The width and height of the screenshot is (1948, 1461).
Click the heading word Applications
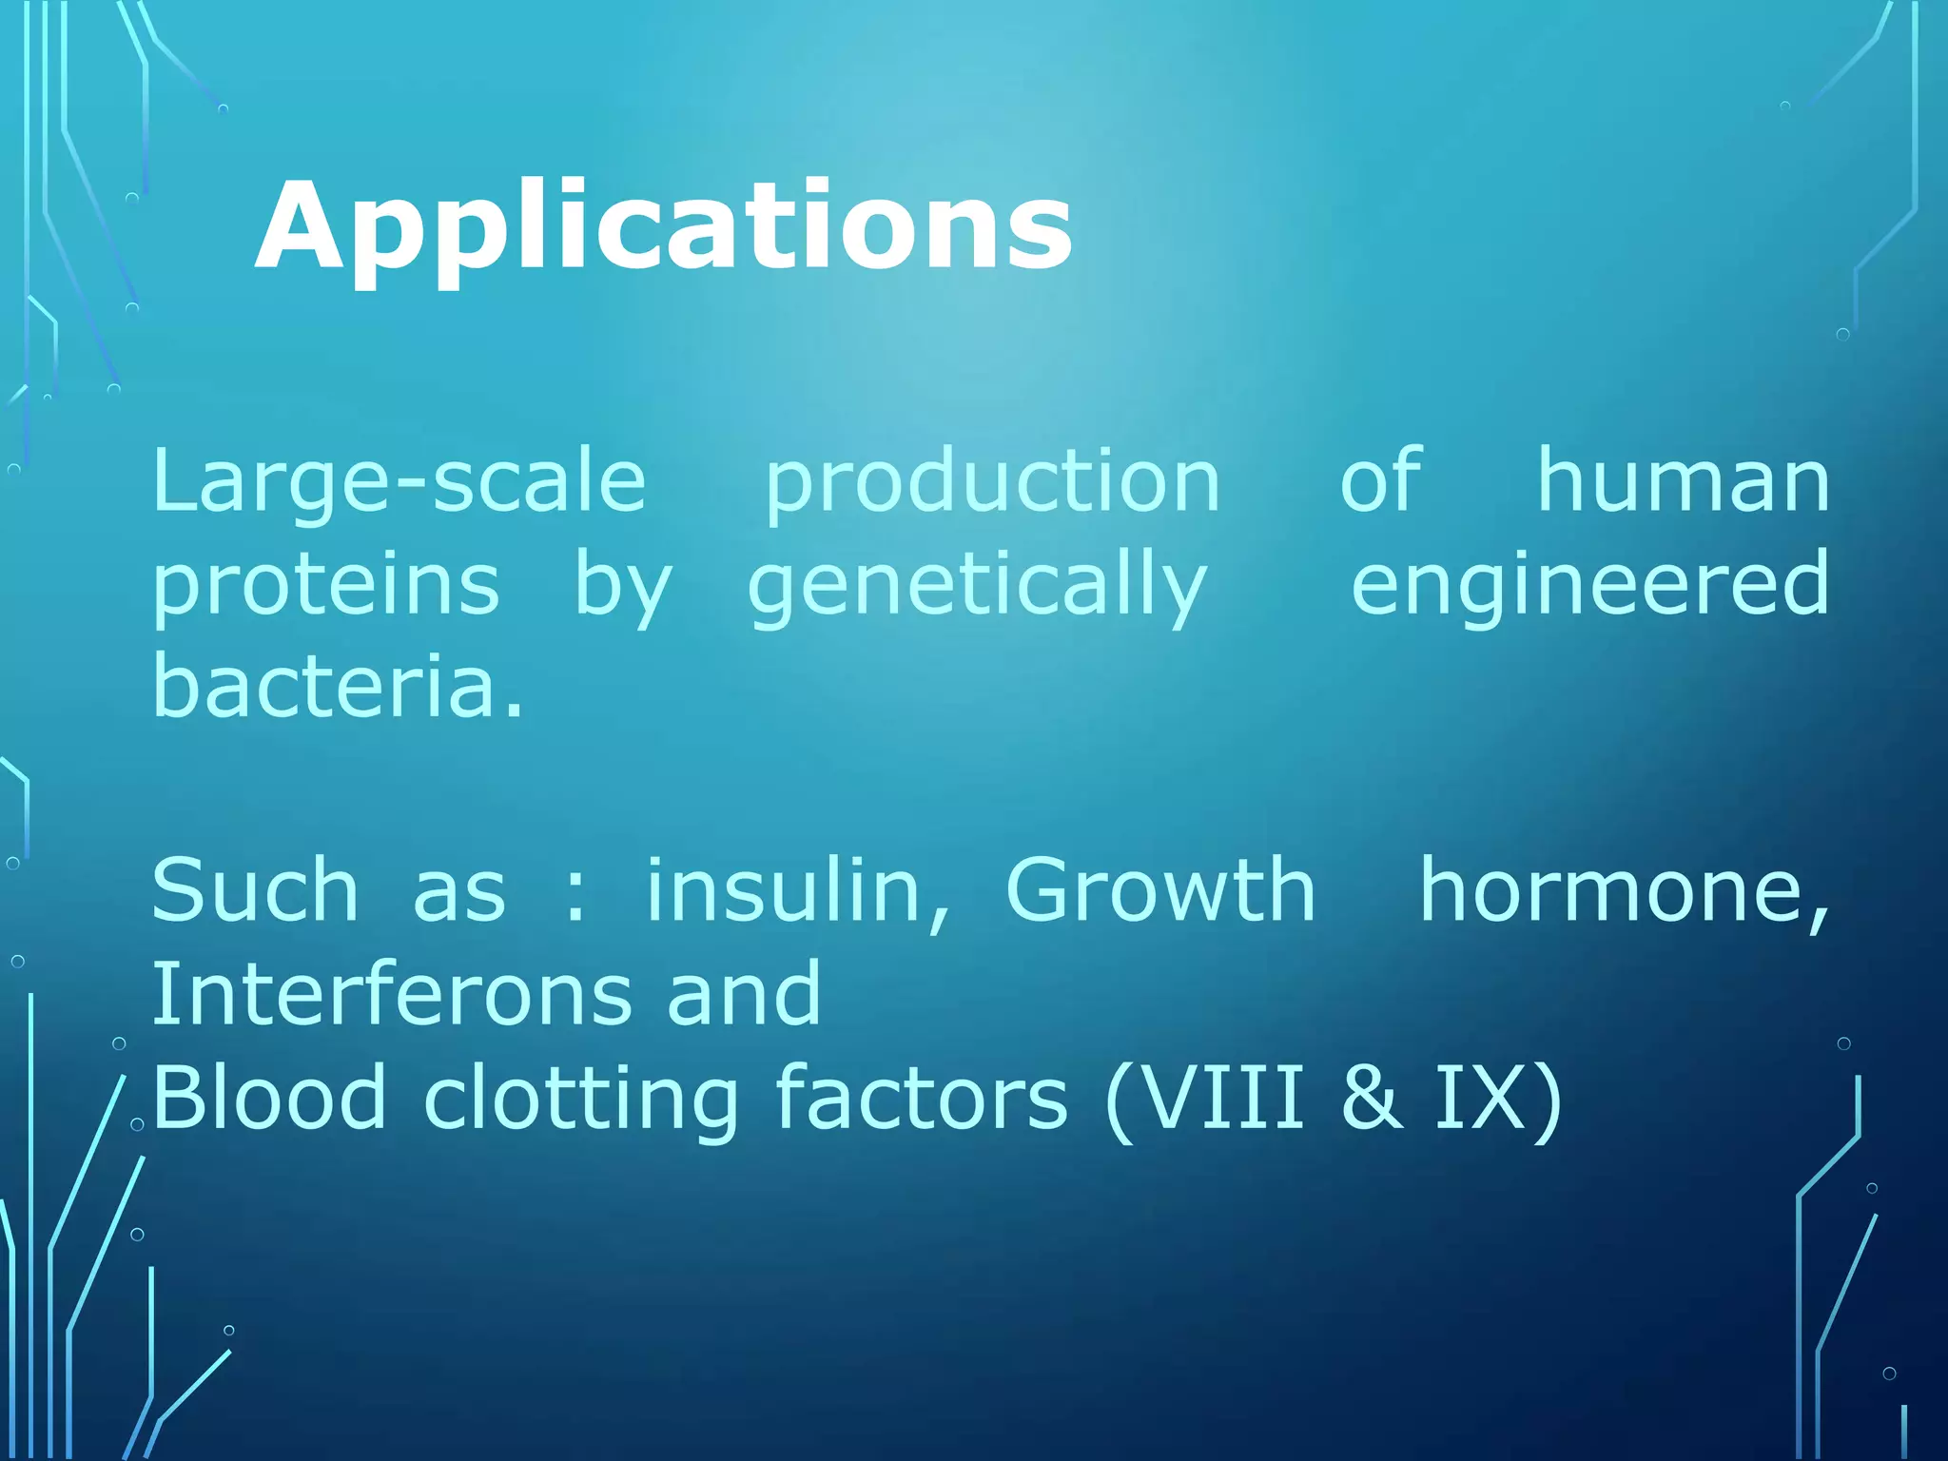click(663, 228)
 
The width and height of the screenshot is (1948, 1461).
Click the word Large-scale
click(399, 481)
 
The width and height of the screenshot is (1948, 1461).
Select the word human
click(1683, 481)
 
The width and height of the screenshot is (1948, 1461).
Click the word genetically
click(977, 587)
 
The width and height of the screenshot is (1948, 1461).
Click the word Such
click(255, 890)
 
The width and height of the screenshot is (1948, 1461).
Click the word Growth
click(1159, 890)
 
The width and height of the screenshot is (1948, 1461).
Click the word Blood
click(268, 1098)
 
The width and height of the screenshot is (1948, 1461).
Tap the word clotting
click(580, 1100)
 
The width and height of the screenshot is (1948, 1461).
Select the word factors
click(921, 1098)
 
